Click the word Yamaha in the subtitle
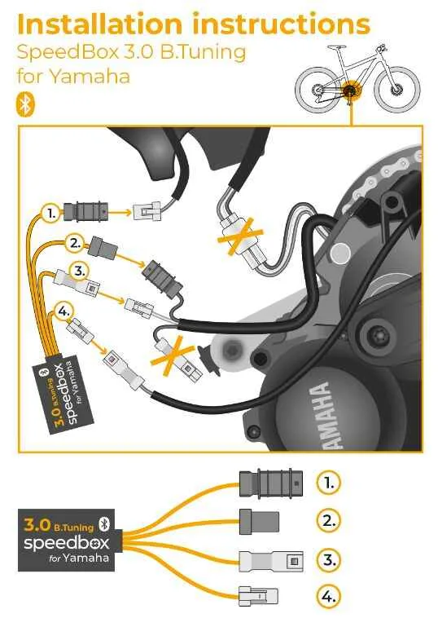tap(90, 76)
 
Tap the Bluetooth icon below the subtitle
tap(25, 104)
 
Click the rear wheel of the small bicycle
tap(317, 90)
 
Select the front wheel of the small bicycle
tap(397, 90)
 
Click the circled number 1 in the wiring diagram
tap(51, 214)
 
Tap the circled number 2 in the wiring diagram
tap(74, 243)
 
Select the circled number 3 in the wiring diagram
tap(80, 271)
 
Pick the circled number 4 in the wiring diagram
tap(64, 311)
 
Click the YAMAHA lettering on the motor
tap(325, 416)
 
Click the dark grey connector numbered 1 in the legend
tap(271, 483)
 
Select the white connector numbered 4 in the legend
tap(258, 596)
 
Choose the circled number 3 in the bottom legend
tap(328, 559)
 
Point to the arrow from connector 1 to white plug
tap(120, 214)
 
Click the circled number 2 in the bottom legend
tap(328, 521)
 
